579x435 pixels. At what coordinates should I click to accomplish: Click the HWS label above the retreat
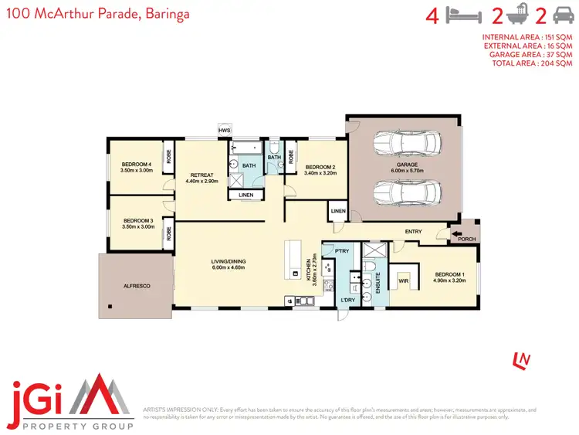(224, 131)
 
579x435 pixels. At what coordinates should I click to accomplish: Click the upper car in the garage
(406, 144)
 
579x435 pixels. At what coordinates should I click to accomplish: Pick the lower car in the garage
(406, 191)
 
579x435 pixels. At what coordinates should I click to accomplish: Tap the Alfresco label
(136, 286)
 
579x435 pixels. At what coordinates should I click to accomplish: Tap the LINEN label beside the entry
(338, 211)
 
